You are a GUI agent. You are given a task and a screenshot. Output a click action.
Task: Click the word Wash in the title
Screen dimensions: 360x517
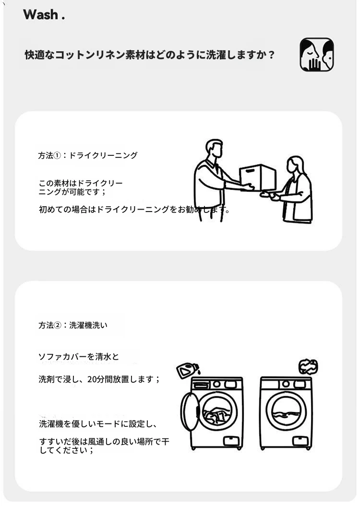(40, 14)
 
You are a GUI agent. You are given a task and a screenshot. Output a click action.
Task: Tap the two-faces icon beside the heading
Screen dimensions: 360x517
(316, 54)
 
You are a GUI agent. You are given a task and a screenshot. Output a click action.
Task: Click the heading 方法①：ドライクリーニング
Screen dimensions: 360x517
(87, 155)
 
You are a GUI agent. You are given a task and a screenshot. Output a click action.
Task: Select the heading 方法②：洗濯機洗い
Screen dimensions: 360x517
(73, 325)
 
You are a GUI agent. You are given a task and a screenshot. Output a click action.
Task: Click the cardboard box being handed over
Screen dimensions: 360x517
(258, 176)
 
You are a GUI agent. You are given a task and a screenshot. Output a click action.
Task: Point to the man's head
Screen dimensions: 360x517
(214, 149)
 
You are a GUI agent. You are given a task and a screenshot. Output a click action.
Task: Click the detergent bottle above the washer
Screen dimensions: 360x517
(188, 370)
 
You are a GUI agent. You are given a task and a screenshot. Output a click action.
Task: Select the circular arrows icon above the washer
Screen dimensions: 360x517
(308, 367)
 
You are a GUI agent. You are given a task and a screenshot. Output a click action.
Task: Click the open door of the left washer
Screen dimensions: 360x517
(190, 411)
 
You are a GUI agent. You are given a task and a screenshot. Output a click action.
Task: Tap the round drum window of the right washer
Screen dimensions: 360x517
(286, 411)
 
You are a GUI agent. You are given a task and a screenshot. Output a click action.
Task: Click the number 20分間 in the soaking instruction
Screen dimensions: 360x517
(100, 379)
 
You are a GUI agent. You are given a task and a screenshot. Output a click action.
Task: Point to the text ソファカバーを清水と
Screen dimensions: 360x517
(79, 356)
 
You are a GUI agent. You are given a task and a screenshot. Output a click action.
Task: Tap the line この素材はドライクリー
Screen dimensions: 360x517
(81, 183)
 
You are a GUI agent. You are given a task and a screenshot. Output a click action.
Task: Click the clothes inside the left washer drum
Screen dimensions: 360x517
(216, 415)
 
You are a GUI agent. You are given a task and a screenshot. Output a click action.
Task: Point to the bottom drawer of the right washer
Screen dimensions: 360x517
(300, 440)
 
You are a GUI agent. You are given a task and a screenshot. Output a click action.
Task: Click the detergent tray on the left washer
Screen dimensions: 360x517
(202, 385)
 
